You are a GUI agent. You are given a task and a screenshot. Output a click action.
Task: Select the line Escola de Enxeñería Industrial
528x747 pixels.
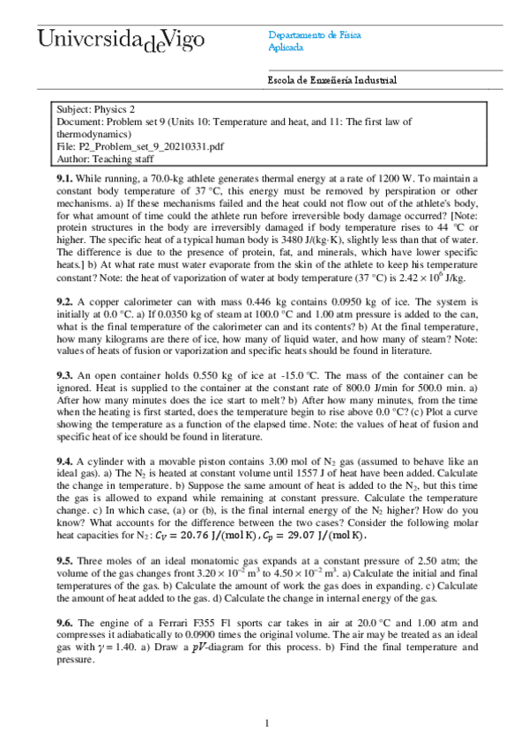(332, 80)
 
